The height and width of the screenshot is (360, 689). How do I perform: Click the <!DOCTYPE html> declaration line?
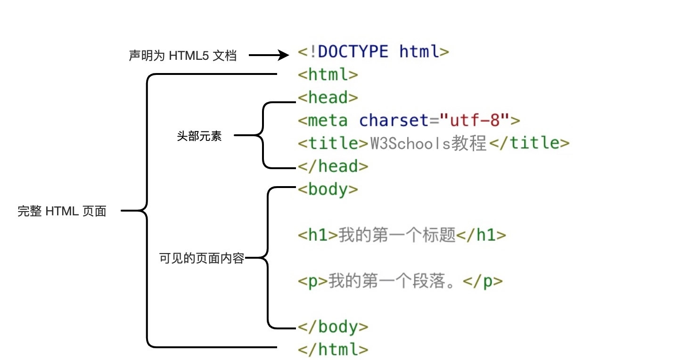click(373, 51)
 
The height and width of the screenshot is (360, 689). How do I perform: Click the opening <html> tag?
click(328, 74)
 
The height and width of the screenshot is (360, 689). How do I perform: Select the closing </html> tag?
click(333, 350)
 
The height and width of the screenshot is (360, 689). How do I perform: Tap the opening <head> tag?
click(328, 98)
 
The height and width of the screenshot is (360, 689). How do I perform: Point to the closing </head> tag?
click(333, 166)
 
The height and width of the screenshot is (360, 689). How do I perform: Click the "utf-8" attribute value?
click(475, 121)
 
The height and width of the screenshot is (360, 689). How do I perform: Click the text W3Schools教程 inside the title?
click(428, 143)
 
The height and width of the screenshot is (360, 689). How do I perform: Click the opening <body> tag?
click(328, 189)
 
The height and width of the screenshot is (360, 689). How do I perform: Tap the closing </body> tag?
click(333, 327)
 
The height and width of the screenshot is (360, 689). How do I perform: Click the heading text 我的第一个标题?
click(397, 235)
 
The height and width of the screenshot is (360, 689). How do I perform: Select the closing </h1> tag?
click(481, 235)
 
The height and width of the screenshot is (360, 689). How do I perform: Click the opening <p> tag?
click(312, 281)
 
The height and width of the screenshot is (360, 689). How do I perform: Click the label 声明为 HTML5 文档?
click(182, 56)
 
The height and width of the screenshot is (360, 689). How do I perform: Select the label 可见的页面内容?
click(202, 258)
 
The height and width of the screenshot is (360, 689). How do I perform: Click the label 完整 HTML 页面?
click(62, 212)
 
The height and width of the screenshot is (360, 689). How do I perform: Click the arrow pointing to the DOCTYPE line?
click(269, 56)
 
